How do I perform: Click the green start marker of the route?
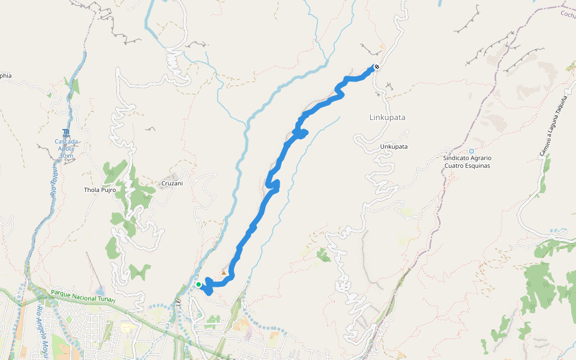coord(199,284)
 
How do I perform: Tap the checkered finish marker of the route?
coord(376,67)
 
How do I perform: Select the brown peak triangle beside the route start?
coord(224,273)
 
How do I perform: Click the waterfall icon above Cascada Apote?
coord(65,133)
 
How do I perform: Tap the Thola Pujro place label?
coord(100,190)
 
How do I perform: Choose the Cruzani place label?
coord(171,184)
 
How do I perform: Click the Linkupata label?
coord(387,118)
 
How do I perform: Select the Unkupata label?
coord(394,146)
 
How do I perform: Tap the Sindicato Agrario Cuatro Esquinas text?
coord(467,162)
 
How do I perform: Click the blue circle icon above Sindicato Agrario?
coord(472,151)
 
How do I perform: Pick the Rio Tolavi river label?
coord(53,181)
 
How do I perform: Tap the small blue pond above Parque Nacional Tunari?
coord(101,292)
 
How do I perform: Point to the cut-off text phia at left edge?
coord(5,76)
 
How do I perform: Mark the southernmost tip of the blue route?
coord(209,293)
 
